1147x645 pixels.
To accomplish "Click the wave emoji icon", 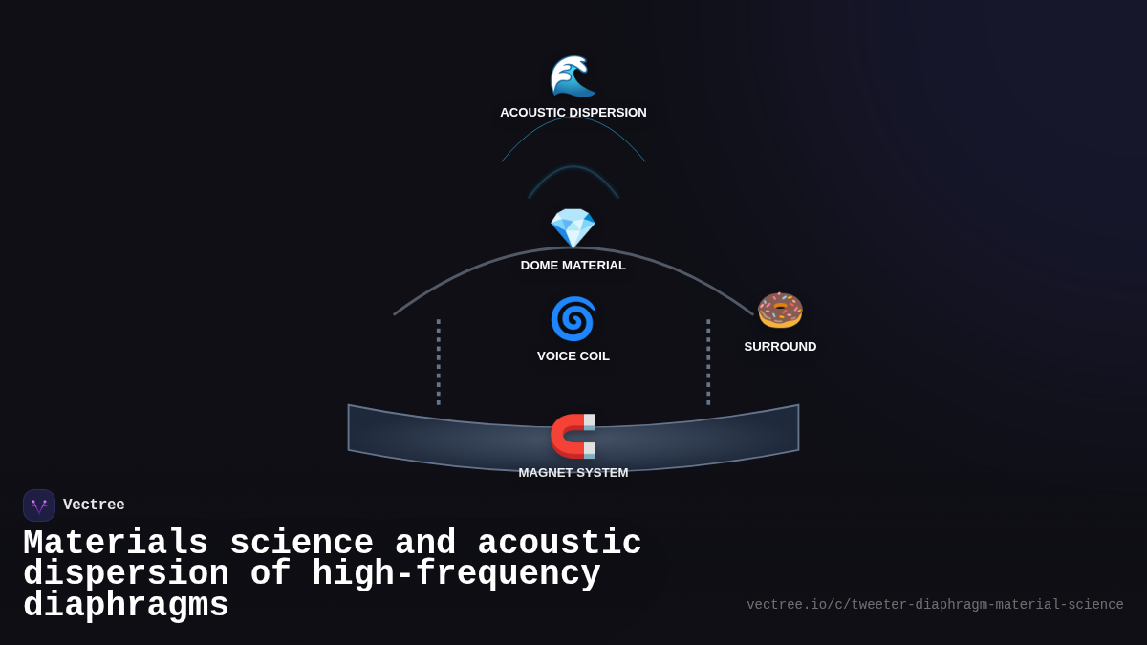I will (x=573, y=76).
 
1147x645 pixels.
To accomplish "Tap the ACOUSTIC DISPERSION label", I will (x=573, y=113).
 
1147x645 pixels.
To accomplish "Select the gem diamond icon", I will (x=573, y=228).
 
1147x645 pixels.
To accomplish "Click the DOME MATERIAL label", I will (x=573, y=266).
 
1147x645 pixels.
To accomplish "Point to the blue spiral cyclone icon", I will (x=573, y=319).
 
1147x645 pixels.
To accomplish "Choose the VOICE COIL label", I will (x=573, y=356).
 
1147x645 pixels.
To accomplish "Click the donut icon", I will (x=780, y=310).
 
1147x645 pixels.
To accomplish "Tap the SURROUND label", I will (x=780, y=347).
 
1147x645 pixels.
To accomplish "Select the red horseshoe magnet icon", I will (x=573, y=436).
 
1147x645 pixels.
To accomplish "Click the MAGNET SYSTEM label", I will (x=573, y=473).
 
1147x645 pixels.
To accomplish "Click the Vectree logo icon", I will (x=39, y=505).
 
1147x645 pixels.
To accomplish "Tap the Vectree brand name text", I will (x=94, y=505).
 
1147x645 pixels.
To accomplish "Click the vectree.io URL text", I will (x=935, y=605).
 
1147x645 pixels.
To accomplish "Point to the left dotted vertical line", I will (x=439, y=362).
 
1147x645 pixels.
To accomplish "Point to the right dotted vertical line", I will (x=708, y=362).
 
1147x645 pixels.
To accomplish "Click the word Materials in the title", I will (x=116, y=544).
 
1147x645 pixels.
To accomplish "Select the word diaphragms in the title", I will (x=126, y=606).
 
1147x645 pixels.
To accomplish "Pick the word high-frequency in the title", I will (x=456, y=574).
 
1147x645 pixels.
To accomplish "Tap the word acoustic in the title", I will (x=559, y=544).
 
